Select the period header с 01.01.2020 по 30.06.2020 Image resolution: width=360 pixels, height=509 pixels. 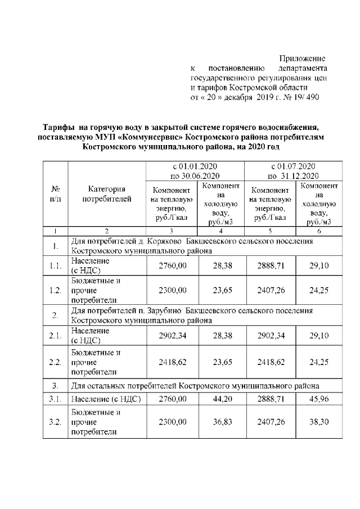tap(195, 172)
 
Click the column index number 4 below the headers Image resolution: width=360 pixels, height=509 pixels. tap(221, 231)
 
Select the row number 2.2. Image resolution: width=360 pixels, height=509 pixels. tap(56, 361)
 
